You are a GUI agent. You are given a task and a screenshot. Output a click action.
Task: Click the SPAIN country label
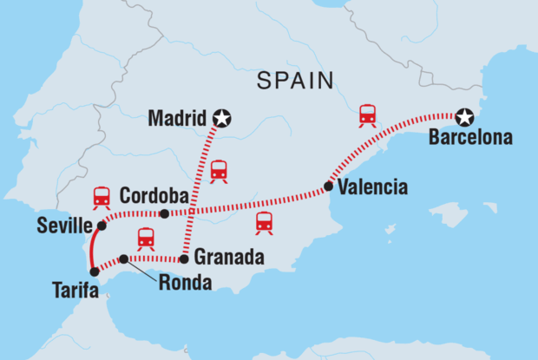295,81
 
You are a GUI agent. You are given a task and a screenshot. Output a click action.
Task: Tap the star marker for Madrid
223,118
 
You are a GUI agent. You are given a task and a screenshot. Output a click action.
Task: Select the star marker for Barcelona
467,117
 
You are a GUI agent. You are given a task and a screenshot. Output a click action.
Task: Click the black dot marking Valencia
328,186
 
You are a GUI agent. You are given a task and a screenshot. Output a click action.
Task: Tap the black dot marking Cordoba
164,213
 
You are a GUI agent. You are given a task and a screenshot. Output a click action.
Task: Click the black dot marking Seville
102,226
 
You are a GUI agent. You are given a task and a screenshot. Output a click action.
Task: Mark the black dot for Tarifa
95,272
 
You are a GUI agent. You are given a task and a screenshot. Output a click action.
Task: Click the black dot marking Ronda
124,259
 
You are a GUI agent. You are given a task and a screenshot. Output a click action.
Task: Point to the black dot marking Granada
185,259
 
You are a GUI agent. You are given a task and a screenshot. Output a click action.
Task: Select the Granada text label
225,258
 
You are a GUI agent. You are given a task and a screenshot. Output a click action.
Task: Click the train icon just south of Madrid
219,170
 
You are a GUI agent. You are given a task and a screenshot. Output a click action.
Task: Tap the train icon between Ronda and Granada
145,238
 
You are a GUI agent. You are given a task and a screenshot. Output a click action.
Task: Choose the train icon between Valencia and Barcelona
368,115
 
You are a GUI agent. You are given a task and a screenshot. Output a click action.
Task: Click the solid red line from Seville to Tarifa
92,250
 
